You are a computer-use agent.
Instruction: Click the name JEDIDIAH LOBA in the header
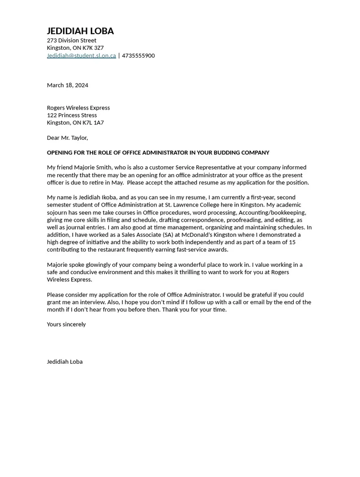click(x=80, y=31)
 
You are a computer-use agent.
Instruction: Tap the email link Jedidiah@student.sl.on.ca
click(x=81, y=55)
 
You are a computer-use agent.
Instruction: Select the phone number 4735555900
click(x=138, y=55)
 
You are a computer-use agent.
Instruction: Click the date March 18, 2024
click(x=67, y=85)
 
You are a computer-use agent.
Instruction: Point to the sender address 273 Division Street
click(x=71, y=40)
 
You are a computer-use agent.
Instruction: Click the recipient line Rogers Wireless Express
click(x=78, y=108)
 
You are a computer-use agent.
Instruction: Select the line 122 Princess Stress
click(x=72, y=115)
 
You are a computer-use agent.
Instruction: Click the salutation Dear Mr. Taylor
click(x=67, y=138)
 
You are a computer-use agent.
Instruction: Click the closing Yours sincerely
click(x=66, y=324)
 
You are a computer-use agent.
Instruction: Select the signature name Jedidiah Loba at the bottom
click(x=64, y=361)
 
